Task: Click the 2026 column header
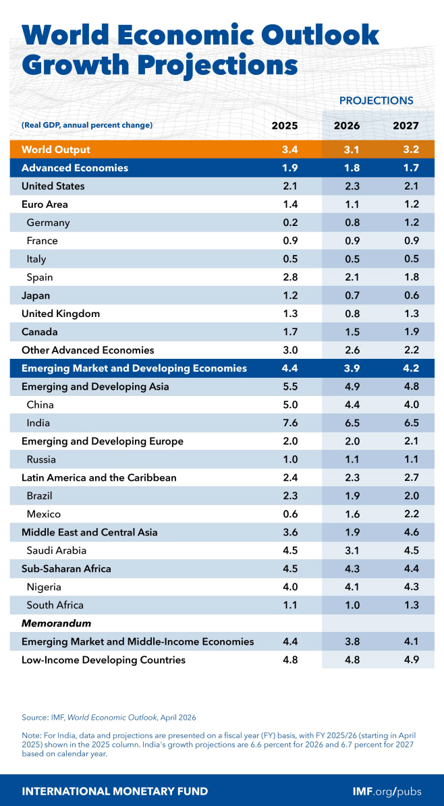pos(347,125)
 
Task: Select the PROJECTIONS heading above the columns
pos(376,100)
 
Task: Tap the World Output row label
pos(56,150)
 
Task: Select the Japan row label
pos(36,295)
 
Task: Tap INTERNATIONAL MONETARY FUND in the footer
pos(115,791)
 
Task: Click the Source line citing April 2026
pos(108,717)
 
